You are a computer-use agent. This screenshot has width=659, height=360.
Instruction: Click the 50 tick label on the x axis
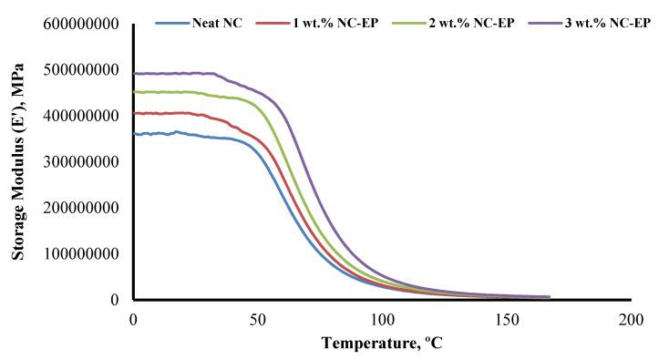258,318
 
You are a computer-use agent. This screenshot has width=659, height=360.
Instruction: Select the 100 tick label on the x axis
382,318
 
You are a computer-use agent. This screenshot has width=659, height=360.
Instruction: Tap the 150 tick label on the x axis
507,318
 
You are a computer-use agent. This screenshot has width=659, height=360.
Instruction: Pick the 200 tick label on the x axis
631,318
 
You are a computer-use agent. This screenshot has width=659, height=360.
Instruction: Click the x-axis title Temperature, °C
381,344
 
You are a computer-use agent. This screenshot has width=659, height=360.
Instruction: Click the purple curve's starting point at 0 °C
135,74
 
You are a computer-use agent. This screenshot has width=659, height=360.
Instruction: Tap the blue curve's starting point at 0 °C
135,134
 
